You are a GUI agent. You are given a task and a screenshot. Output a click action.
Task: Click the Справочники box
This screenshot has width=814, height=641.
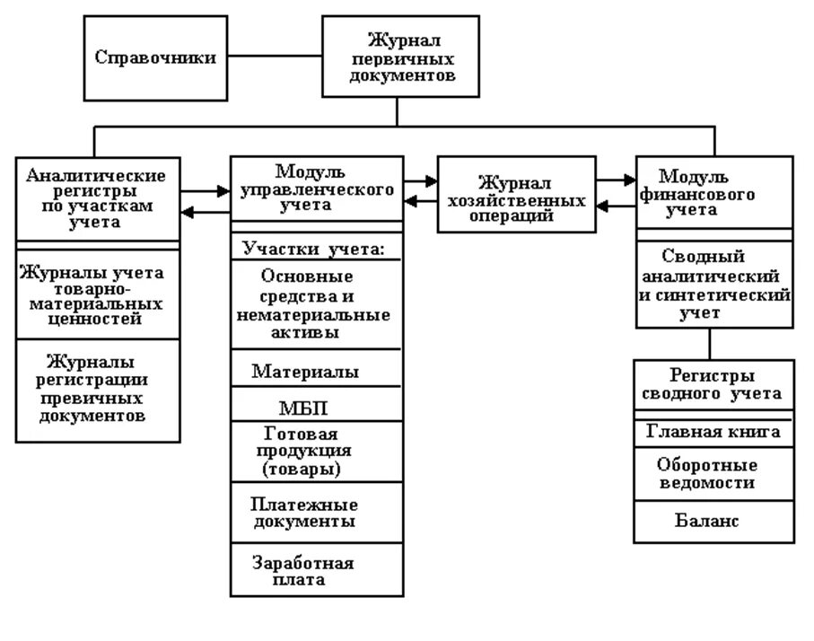click(x=155, y=57)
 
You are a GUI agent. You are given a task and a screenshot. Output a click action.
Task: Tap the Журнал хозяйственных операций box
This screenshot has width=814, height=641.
click(x=515, y=195)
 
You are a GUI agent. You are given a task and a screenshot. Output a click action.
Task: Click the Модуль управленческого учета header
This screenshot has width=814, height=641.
click(x=316, y=189)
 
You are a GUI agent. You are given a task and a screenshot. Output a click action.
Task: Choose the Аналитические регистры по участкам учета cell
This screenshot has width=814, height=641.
click(x=97, y=199)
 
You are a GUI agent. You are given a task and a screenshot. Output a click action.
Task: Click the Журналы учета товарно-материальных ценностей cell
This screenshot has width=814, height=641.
click(x=97, y=294)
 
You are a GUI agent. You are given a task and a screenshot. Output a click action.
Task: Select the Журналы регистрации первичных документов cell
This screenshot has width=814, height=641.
click(x=97, y=390)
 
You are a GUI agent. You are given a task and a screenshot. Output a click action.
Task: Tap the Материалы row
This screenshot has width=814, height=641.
click(x=316, y=370)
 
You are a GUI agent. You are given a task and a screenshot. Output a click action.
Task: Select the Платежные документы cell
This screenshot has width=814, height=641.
click(x=316, y=512)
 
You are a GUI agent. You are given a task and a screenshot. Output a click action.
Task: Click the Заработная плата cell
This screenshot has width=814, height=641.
click(x=316, y=570)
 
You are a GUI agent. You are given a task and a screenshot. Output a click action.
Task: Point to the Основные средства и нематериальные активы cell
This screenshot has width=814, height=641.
click(x=316, y=304)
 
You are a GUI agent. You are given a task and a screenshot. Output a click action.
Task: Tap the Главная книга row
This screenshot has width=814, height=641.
click(x=713, y=433)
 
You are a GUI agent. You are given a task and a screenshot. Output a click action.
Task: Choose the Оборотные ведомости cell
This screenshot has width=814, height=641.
click(x=713, y=473)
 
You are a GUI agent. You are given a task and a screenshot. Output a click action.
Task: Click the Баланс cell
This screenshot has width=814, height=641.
click(x=713, y=522)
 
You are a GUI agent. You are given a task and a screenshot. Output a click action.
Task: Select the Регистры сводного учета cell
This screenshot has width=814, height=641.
click(x=713, y=384)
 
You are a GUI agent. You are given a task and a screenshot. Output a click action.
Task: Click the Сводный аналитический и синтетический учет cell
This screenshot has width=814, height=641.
click(x=713, y=284)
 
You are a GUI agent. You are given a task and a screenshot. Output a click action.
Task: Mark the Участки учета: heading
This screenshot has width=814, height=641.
click(x=316, y=248)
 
